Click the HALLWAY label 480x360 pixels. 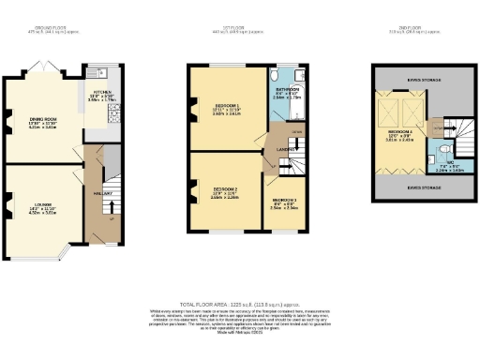(102, 195)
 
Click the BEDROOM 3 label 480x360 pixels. (285, 201)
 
